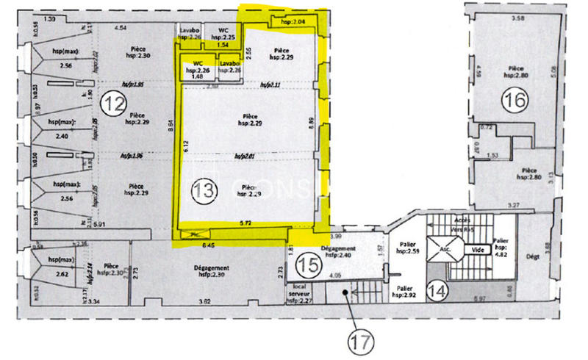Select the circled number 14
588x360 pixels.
click(x=437, y=291)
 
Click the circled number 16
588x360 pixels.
click(x=516, y=100)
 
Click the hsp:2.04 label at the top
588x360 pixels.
click(x=293, y=23)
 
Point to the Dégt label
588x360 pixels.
click(x=534, y=256)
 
